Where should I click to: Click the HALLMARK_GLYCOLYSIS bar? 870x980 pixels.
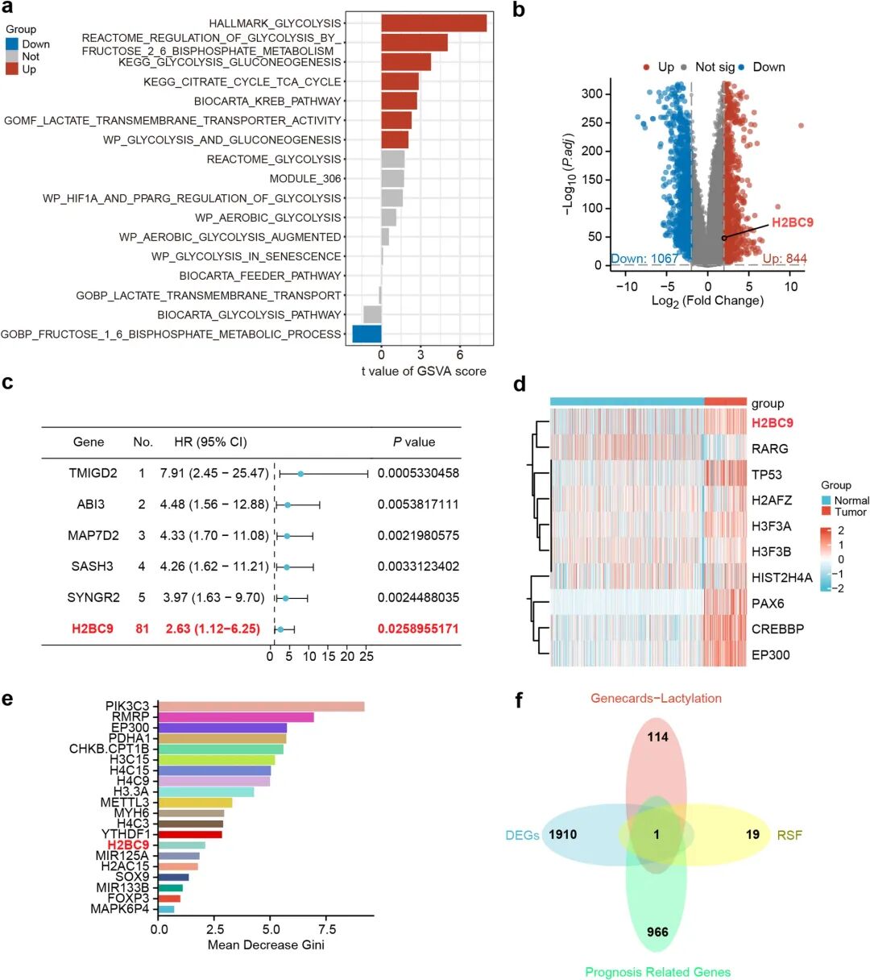pyautogui.click(x=433, y=23)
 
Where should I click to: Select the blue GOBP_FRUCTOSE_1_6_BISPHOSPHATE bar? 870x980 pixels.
pyautogui.click(x=367, y=334)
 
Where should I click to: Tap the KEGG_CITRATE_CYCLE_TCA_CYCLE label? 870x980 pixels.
pyautogui.click(x=242, y=81)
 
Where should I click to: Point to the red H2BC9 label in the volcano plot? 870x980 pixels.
pyautogui.click(x=792, y=222)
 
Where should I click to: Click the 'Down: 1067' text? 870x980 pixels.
pyautogui.click(x=644, y=259)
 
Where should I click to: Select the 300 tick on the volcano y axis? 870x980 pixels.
pyautogui.click(x=591, y=94)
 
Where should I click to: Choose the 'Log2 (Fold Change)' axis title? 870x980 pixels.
pyautogui.click(x=707, y=301)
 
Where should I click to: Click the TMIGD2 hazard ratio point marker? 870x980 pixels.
pyautogui.click(x=300, y=474)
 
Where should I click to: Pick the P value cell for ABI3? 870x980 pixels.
pyautogui.click(x=418, y=505)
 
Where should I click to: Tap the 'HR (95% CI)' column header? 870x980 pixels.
pyautogui.click(x=210, y=442)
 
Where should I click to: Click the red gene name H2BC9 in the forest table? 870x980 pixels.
pyautogui.click(x=93, y=629)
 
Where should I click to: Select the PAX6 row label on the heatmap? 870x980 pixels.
pyautogui.click(x=768, y=603)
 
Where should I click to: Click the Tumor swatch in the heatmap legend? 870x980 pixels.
pyautogui.click(x=826, y=512)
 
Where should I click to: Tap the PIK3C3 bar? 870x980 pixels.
pyautogui.click(x=261, y=707)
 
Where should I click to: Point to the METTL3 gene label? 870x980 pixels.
pyautogui.click(x=125, y=803)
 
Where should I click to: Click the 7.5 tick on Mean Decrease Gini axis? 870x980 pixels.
pyautogui.click(x=327, y=929)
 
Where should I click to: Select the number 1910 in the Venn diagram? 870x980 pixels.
pyautogui.click(x=562, y=834)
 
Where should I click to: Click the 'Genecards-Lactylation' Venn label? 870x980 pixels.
pyautogui.click(x=656, y=698)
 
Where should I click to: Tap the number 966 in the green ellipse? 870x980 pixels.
pyautogui.click(x=657, y=932)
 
